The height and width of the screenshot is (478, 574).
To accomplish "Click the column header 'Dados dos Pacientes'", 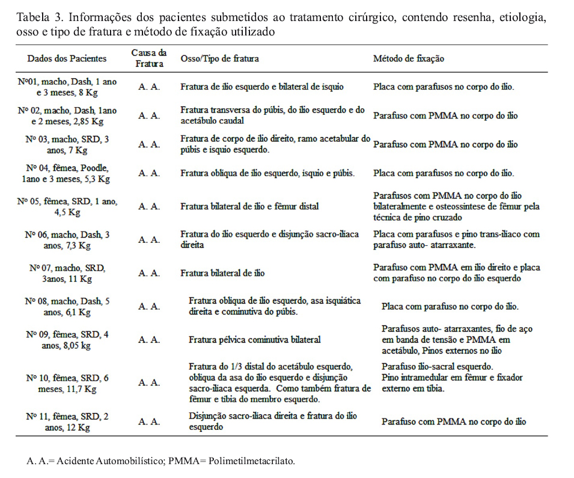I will [67, 58].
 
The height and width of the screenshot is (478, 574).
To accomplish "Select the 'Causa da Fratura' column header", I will [149, 58].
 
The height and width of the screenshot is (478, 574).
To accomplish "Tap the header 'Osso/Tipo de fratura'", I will [220, 58].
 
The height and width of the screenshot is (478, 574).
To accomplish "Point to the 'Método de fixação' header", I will [409, 58].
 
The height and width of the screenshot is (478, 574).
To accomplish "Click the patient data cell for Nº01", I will [67, 87].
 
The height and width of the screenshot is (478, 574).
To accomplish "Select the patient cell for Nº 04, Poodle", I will [67, 173].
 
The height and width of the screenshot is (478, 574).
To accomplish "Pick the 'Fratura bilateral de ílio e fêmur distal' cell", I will [249, 206].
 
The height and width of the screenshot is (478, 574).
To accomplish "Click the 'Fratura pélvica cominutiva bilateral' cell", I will [254, 339].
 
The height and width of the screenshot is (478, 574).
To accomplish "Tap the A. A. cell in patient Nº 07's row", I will [149, 273].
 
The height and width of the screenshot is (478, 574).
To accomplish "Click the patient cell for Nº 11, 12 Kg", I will [67, 421].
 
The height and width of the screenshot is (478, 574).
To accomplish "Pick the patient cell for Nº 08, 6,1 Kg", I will [67, 306].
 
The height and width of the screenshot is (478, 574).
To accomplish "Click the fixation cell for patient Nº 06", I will [456, 239].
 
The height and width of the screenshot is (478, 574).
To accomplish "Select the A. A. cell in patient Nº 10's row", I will [149, 382].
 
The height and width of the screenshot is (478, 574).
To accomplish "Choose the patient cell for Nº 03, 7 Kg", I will [67, 144].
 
